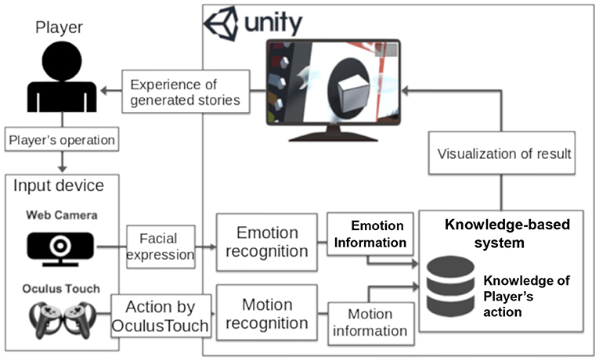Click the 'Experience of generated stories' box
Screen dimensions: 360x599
click(x=186, y=92)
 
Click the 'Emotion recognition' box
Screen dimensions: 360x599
click(x=268, y=243)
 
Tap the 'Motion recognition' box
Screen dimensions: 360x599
click(x=268, y=314)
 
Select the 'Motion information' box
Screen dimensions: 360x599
click(x=370, y=322)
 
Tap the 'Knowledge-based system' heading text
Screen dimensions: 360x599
click(x=507, y=233)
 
